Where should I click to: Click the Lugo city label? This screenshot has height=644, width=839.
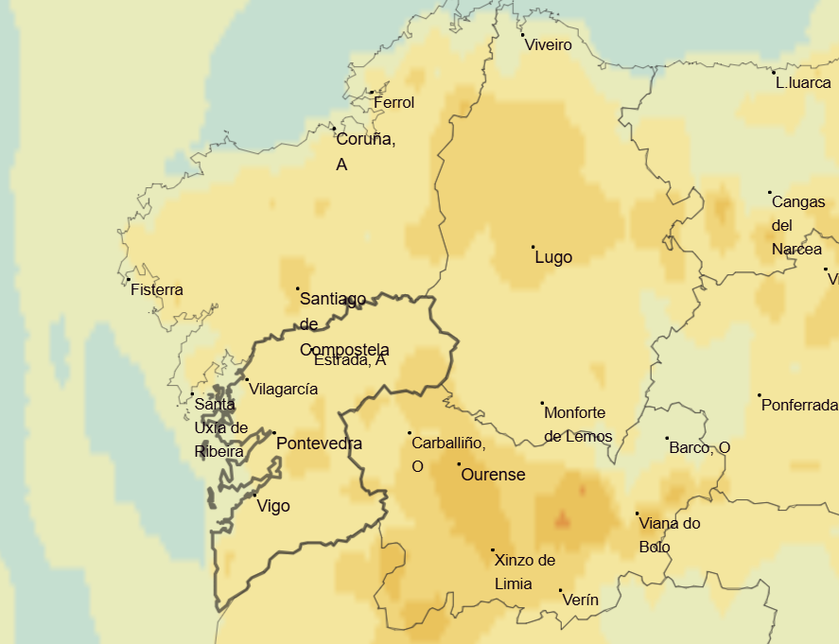[553, 257]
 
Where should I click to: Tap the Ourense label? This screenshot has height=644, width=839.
[492, 475]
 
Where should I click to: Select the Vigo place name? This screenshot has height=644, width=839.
[273, 506]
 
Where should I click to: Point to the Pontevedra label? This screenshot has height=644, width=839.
[319, 444]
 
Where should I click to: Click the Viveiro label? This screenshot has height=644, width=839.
[549, 44]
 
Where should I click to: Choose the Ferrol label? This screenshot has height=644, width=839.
[393, 102]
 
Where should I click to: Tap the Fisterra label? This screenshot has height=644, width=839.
[157, 289]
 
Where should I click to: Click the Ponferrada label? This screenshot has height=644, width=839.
[799, 405]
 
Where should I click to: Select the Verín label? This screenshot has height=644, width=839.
[580, 600]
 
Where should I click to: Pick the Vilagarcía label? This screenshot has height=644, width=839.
[283, 389]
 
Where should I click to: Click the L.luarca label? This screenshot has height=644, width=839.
[803, 82]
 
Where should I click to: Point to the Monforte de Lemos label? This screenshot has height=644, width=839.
[577, 425]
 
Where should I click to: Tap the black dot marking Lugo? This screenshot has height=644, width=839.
[533, 247]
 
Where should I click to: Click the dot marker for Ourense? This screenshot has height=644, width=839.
[459, 464]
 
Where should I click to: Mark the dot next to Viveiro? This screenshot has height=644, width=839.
[523, 35]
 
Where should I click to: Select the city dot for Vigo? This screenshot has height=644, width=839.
[254, 494]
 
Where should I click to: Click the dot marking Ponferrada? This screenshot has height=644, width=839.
[759, 395]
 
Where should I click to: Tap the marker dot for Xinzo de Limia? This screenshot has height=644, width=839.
[493, 549]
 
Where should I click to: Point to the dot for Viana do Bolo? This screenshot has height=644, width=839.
[637, 513]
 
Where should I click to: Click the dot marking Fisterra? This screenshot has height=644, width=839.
[128, 279]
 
